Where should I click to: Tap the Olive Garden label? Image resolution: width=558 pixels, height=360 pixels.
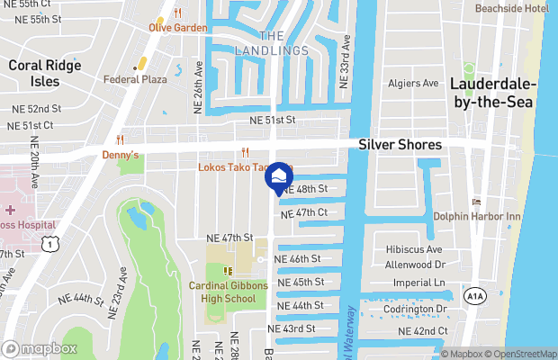click(x=178, y=28)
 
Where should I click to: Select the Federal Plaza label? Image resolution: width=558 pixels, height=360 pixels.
click(x=136, y=79)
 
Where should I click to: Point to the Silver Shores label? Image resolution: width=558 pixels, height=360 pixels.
click(x=400, y=145)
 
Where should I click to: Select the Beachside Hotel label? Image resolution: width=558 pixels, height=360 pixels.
click(x=511, y=8)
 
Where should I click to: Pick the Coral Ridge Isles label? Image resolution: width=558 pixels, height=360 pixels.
click(x=34, y=73)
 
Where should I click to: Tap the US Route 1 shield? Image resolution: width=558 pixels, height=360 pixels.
click(x=51, y=244)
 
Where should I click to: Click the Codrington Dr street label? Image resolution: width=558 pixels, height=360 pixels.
click(x=416, y=309)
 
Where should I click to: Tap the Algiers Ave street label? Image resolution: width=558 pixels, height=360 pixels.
click(x=412, y=84)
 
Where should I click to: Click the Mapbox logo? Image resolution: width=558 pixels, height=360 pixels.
click(x=40, y=349)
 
